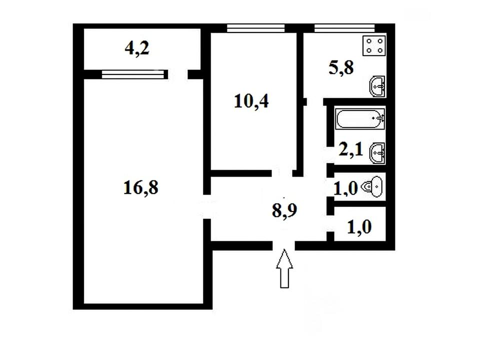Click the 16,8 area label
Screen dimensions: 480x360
tap(141, 187)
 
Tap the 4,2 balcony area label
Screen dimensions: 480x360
tap(137, 48)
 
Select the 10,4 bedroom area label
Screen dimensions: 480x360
tap(251, 101)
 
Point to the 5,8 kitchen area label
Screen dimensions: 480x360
tap(341, 68)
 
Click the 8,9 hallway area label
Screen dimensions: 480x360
tap(284, 210)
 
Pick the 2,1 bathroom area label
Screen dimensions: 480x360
tap(351, 150)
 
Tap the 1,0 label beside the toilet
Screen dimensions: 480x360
tap(345, 188)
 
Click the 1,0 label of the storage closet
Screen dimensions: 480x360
tap(359, 227)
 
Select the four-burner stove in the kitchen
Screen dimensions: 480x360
tap(374, 45)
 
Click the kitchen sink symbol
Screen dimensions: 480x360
tap(377, 86)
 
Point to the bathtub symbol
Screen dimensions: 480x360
tap(360, 118)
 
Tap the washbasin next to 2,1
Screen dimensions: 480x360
tap(377, 153)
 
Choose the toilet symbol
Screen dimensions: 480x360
tap(372, 186)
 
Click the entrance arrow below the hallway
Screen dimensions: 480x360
tap(284, 268)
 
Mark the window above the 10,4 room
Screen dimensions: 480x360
tap(256, 28)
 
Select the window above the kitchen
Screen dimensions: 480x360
tap(344, 28)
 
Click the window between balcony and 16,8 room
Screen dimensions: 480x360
tap(135, 74)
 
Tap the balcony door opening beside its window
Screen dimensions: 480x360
tap(178, 74)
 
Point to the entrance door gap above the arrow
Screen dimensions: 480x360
tap(284, 245)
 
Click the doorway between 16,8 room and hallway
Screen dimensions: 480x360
tap(207, 206)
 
